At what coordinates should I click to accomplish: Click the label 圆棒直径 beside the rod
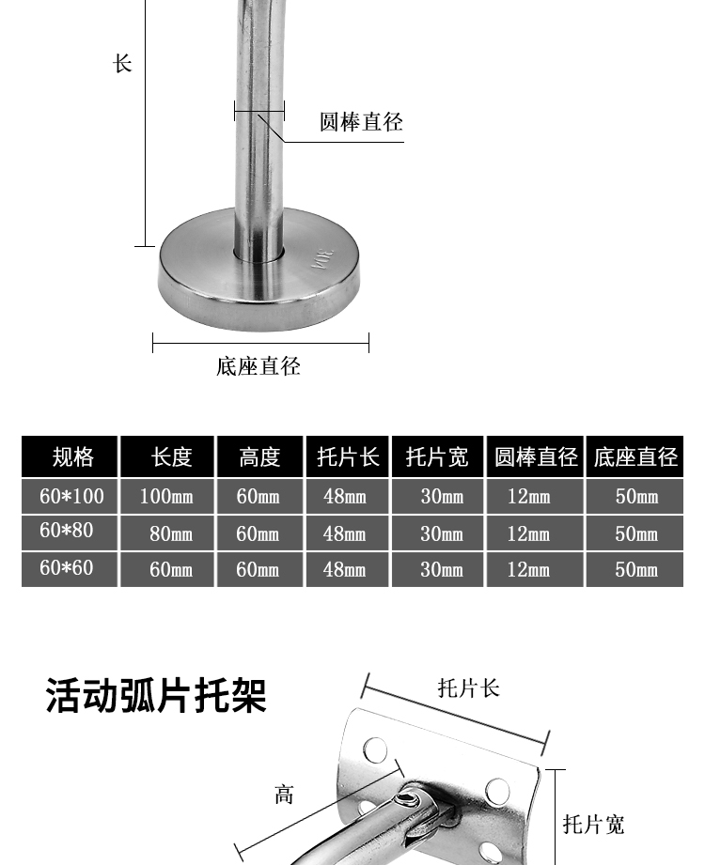point(361,122)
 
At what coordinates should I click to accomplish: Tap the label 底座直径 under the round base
point(258,365)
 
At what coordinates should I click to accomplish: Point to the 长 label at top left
point(123,64)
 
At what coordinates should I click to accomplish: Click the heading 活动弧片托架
point(157,697)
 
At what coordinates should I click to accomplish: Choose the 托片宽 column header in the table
point(437,457)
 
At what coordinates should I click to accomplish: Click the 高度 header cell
point(259,457)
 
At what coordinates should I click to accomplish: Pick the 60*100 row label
point(71,495)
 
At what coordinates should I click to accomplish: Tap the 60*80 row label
point(67,531)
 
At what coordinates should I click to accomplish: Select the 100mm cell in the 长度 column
point(166,496)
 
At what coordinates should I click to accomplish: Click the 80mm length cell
point(171,533)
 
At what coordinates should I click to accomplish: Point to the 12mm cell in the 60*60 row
point(529,569)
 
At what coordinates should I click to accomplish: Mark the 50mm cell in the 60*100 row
point(636,496)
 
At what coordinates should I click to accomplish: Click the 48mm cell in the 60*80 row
point(345,533)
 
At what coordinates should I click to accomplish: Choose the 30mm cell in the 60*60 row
point(442,569)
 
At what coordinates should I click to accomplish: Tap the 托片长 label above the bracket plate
point(468,688)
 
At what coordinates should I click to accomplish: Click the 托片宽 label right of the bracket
point(593,825)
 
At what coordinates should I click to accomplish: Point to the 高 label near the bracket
point(284,795)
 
